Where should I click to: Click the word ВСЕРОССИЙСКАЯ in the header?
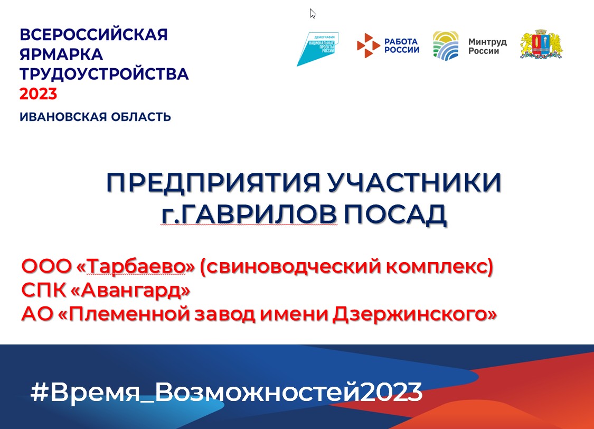coord(93,34)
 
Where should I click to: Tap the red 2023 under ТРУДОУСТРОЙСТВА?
coord(38,94)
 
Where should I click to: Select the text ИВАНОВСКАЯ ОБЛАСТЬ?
coord(95,117)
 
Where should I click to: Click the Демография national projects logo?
coord(317,49)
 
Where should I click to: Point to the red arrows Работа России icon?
coord(368,45)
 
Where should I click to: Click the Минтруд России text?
coord(487,46)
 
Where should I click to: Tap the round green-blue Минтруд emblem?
coord(446,46)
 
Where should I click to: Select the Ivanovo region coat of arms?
coord(541,44)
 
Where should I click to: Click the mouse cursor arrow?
coord(313,14)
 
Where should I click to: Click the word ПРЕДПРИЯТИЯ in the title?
coord(213,182)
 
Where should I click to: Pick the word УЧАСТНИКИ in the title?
coord(414,182)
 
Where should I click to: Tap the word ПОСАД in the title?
coord(395,215)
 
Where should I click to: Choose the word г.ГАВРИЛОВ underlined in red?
coord(249,215)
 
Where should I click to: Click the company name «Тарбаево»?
coord(135,266)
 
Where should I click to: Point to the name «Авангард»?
coord(130,290)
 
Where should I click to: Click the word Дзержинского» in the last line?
coord(414,314)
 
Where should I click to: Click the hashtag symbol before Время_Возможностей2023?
coord(40,392)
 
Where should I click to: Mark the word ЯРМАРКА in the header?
coord(61,54)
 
